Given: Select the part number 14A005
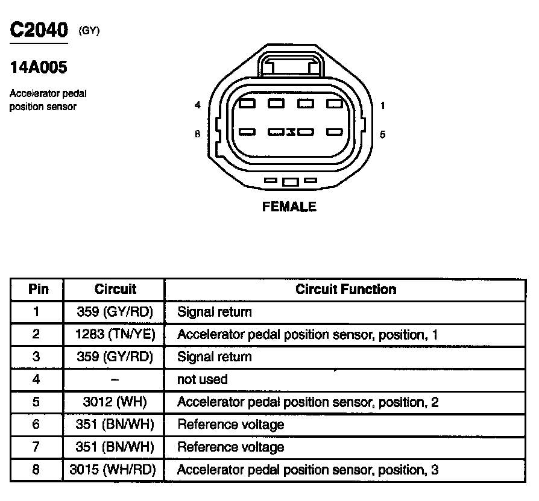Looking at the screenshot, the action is click(x=39, y=67).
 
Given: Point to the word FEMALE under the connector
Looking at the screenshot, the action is click(x=289, y=207).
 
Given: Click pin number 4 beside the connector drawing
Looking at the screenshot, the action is click(x=197, y=105).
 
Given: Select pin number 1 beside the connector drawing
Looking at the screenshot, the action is click(x=383, y=105).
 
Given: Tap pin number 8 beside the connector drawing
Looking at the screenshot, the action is click(x=197, y=134).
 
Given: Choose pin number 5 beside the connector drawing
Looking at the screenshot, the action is click(x=383, y=134).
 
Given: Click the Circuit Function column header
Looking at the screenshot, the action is click(x=345, y=289).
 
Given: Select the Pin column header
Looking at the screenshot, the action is click(x=38, y=289).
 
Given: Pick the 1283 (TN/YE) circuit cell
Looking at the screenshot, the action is click(x=115, y=334).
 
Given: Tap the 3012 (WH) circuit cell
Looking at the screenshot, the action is click(x=115, y=402).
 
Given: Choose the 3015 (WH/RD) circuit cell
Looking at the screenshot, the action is click(x=115, y=470).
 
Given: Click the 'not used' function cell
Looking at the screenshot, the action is click(x=203, y=379).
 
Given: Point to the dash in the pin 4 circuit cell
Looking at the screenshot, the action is click(x=115, y=379).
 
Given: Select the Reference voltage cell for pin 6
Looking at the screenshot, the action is click(x=230, y=425).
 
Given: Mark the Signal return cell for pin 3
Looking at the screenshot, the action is click(x=215, y=357).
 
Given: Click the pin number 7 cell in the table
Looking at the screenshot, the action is click(x=36, y=447).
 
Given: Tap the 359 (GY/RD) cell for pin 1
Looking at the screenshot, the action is click(x=115, y=312).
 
